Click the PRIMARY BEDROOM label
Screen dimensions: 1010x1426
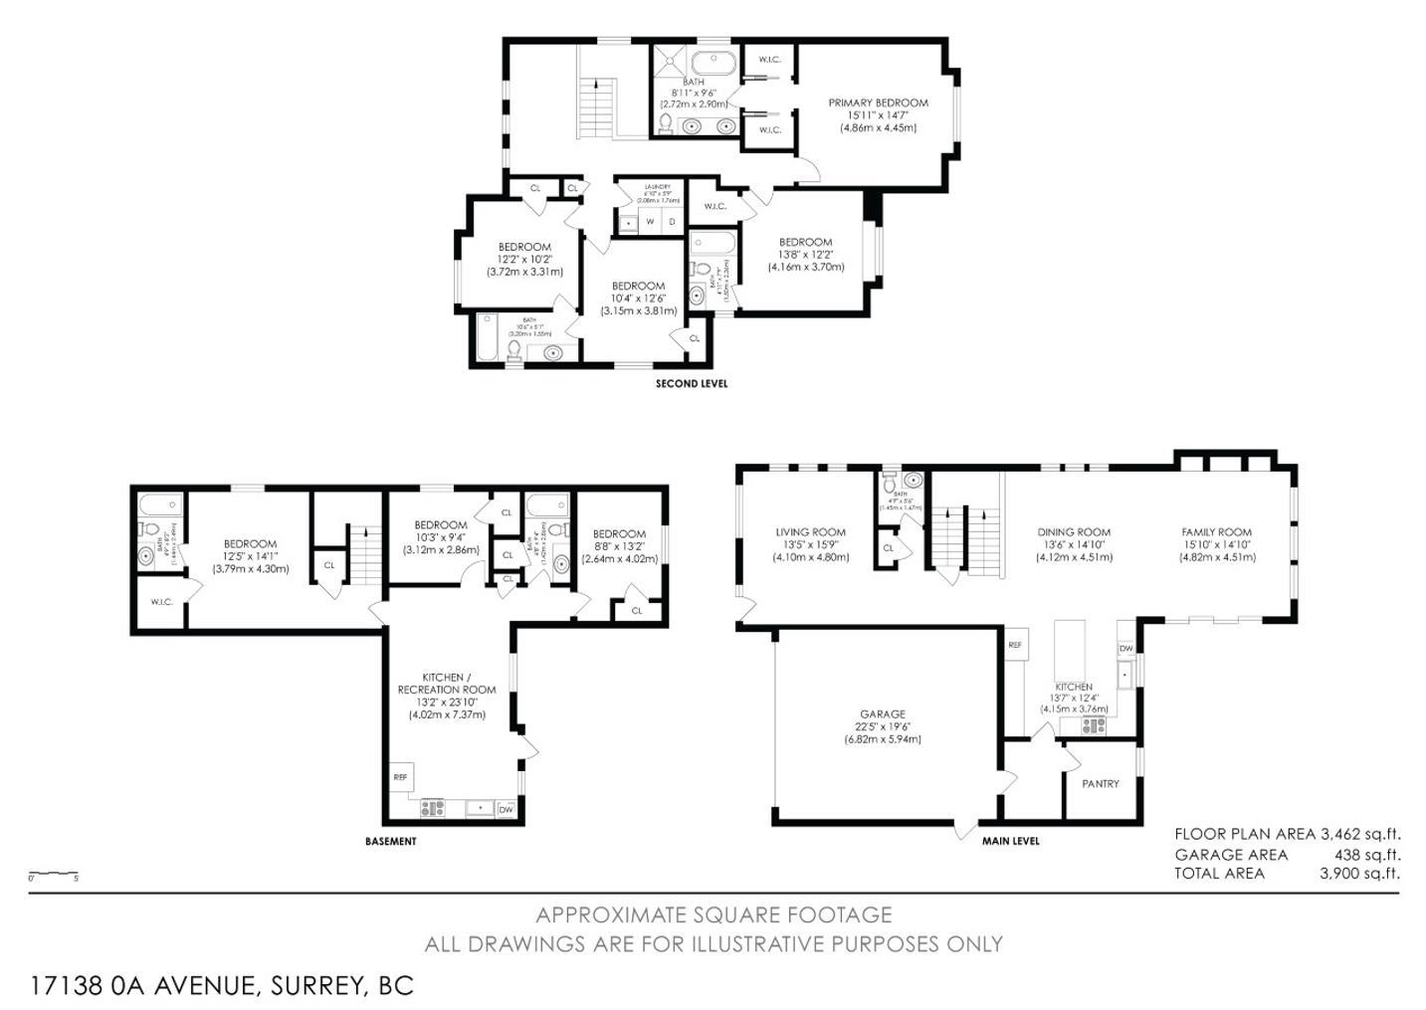coord(878,102)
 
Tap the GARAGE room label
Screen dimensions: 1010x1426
coord(883,713)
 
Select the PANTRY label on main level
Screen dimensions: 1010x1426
coord(1101,784)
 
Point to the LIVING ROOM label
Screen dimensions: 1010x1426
coord(811,532)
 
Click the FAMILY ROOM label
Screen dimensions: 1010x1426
coord(1216,532)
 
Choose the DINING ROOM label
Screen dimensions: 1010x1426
coord(1074,532)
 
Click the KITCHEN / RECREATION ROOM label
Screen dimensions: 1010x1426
coord(447,684)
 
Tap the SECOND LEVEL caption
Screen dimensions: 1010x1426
coord(692,383)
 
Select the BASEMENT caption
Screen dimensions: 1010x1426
coord(391,841)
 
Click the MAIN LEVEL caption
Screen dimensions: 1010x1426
coord(1011,841)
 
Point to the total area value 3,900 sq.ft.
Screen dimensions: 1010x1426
coord(1359,874)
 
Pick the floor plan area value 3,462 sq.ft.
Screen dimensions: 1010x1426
coord(1359,834)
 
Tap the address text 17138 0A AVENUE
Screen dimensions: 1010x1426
coord(144,986)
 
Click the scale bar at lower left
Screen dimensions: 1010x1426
coord(53,874)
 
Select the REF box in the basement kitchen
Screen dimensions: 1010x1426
coord(401,777)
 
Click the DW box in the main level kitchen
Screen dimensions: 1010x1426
coord(1125,649)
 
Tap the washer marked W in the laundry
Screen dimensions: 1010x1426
coord(649,222)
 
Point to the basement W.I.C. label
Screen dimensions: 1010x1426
coord(161,602)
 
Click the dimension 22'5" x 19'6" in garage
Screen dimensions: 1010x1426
coord(883,726)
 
